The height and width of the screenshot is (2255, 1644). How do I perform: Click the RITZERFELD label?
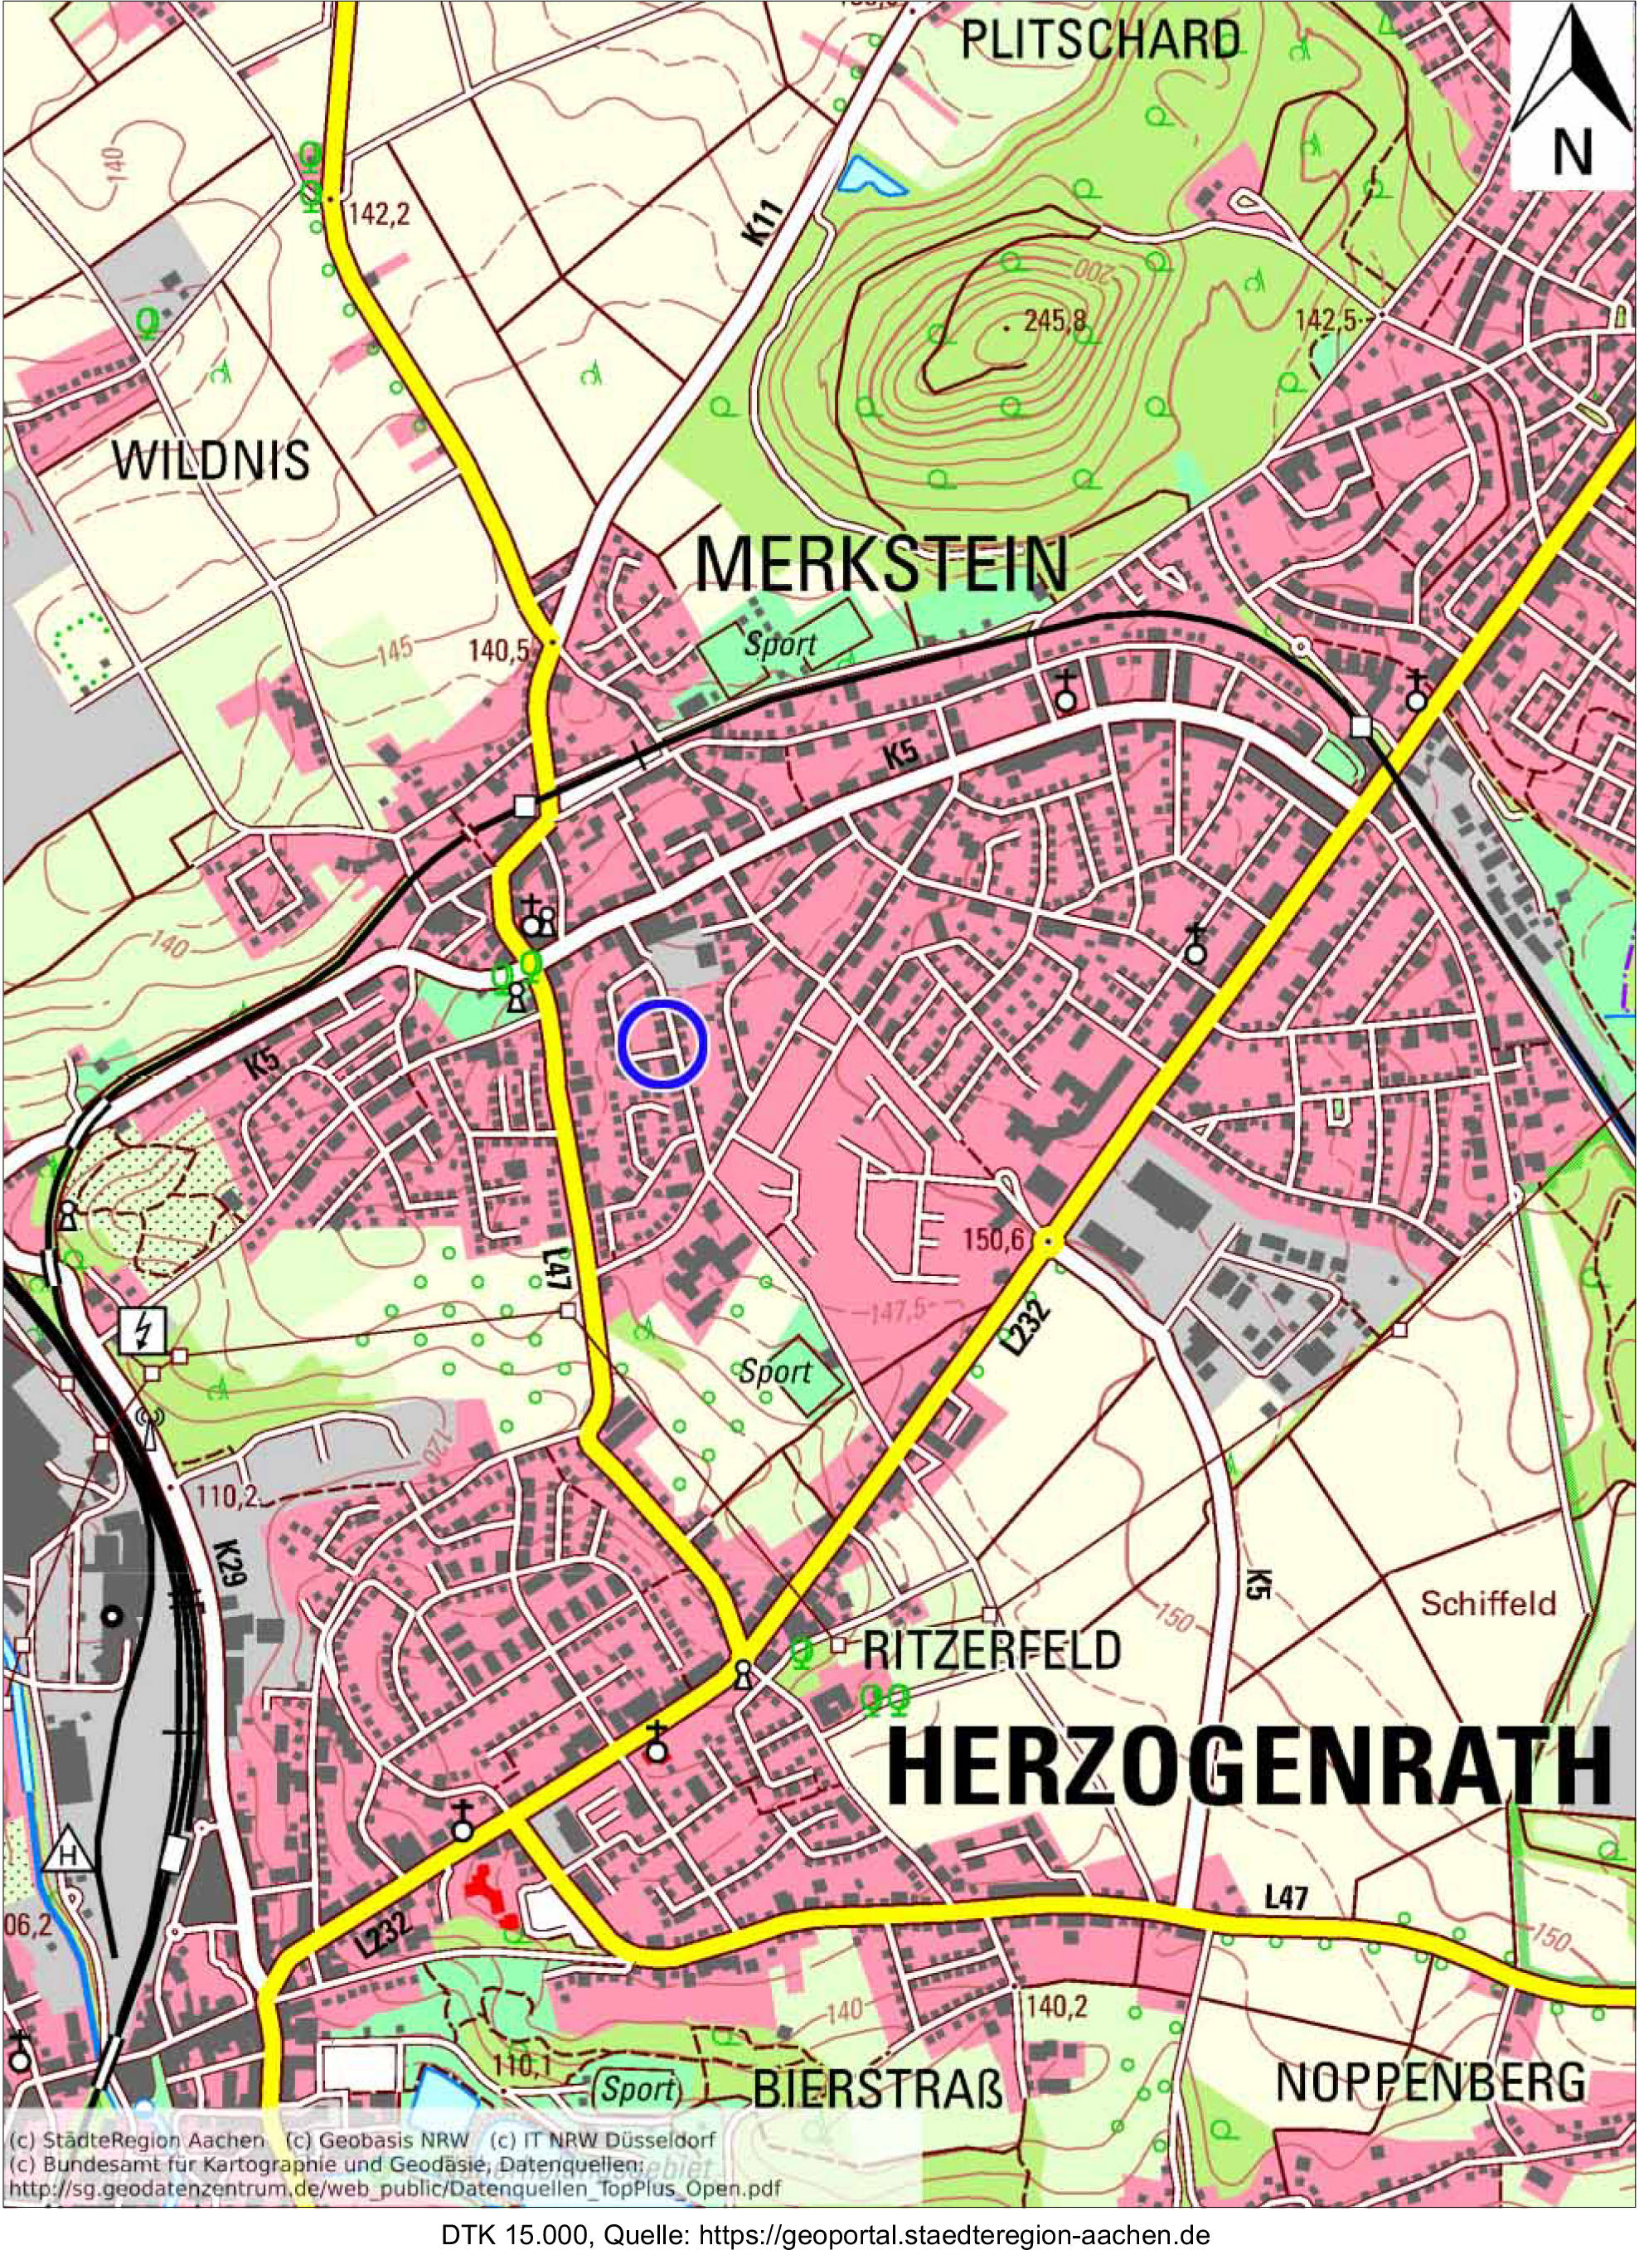[x=992, y=1651]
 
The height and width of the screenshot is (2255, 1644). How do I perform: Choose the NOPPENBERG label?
[x=1431, y=2080]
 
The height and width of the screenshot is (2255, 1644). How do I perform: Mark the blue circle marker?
[x=662, y=1044]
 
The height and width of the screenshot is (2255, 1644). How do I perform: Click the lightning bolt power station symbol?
[x=143, y=1331]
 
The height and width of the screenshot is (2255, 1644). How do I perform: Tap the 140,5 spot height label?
[x=503, y=651]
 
